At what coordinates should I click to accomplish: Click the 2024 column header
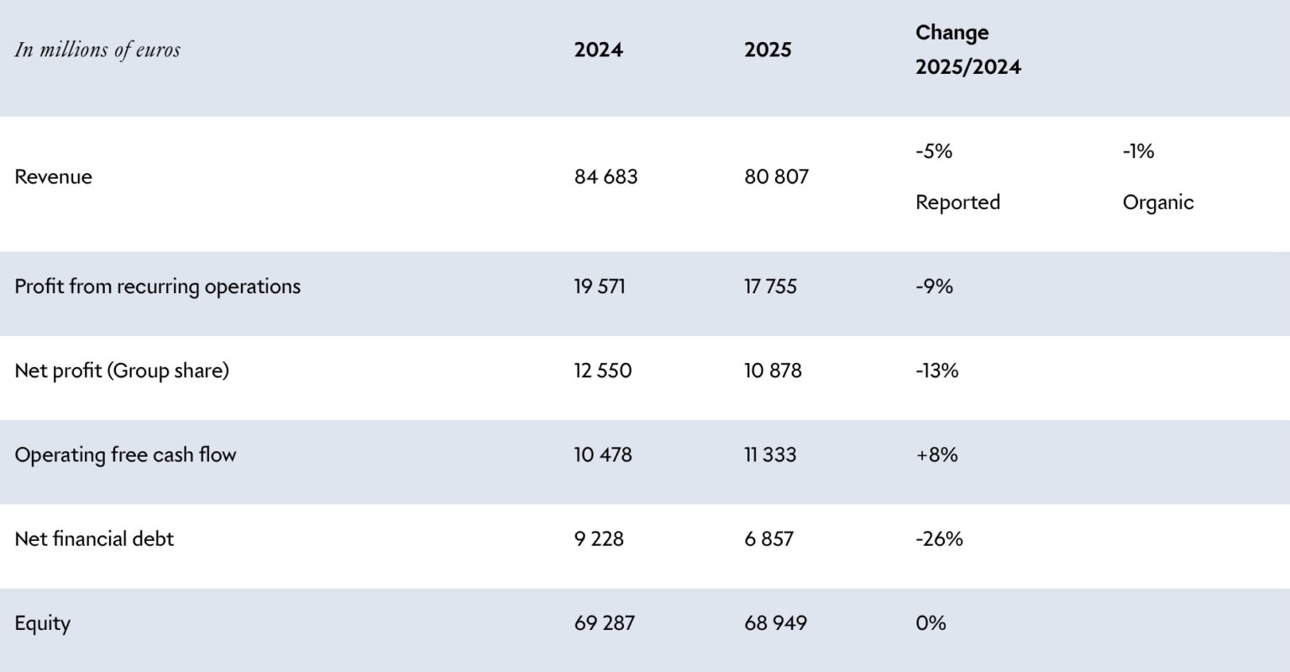tap(598, 50)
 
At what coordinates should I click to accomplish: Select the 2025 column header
tap(768, 50)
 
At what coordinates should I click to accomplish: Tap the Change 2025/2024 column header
tap(967, 50)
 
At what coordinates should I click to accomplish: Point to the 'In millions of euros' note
tap(97, 50)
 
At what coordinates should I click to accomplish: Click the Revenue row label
tap(53, 177)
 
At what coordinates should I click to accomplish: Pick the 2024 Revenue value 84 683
tap(606, 177)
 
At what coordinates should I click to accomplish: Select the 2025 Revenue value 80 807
tap(776, 177)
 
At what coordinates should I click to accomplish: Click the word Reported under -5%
tap(957, 202)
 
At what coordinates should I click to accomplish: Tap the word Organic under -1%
tap(1157, 202)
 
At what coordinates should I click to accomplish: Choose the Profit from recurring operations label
tap(157, 286)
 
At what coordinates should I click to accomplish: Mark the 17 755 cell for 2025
tap(770, 286)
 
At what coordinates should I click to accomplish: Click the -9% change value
tap(934, 286)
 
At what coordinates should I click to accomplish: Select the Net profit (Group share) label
tap(122, 370)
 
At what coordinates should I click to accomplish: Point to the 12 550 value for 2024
tap(603, 370)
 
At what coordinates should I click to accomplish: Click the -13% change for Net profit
tap(936, 370)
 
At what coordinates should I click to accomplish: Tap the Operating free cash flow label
tap(125, 454)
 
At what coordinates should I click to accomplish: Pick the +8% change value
tap(936, 454)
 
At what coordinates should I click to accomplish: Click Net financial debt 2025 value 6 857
tap(768, 538)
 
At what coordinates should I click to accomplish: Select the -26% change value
tap(939, 538)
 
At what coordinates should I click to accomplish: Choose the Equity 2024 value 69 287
tap(605, 623)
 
